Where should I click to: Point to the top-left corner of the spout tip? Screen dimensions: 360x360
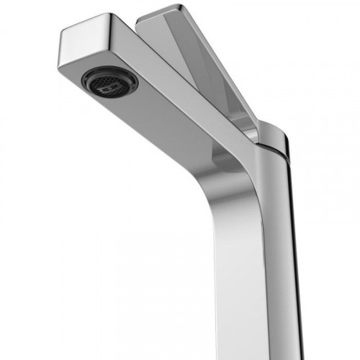pos(63,30)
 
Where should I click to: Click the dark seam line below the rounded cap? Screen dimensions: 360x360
pos(277,148)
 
